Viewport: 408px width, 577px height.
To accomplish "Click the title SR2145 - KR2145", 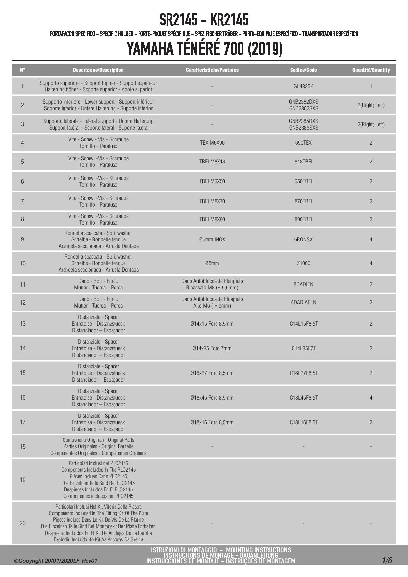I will click(204, 20).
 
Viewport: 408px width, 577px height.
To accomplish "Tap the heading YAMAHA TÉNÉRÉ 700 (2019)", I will click(204, 49).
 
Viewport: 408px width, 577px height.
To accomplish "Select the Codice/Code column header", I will click(303, 70).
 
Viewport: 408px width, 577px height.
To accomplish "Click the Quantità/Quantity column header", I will click(371, 70).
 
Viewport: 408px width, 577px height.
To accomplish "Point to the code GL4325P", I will click(303, 86).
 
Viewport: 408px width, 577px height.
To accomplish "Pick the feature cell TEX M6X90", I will click(212, 143).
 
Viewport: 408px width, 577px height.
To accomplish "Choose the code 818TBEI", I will click(303, 162).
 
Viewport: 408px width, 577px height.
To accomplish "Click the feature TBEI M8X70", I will click(212, 201).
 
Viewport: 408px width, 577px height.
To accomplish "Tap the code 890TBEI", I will click(303, 219).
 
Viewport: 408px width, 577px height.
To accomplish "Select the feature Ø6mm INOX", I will click(212, 239).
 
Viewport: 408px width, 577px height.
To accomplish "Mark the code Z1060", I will click(303, 263).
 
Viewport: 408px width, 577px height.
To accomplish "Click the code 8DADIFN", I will click(303, 284).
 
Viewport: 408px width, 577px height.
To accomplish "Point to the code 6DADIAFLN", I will click(303, 302).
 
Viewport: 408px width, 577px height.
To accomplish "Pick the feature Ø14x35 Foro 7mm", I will click(212, 348).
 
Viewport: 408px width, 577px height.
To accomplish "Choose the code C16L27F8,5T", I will click(303, 373).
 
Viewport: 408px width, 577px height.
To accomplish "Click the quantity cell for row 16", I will click(371, 398).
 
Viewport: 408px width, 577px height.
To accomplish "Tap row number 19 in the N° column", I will click(22, 480).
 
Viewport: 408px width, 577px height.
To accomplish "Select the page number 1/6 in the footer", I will click(387, 560).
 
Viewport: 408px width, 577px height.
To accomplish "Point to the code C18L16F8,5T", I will click(303, 422).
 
